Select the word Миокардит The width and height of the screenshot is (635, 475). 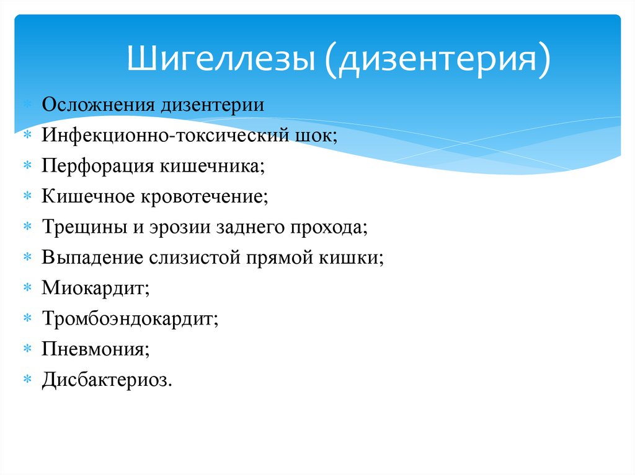pyautogui.click(x=95, y=288)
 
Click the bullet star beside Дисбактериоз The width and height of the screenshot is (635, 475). pyautogui.click(x=27, y=379)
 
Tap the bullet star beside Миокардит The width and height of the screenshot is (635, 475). pyautogui.click(x=27, y=287)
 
